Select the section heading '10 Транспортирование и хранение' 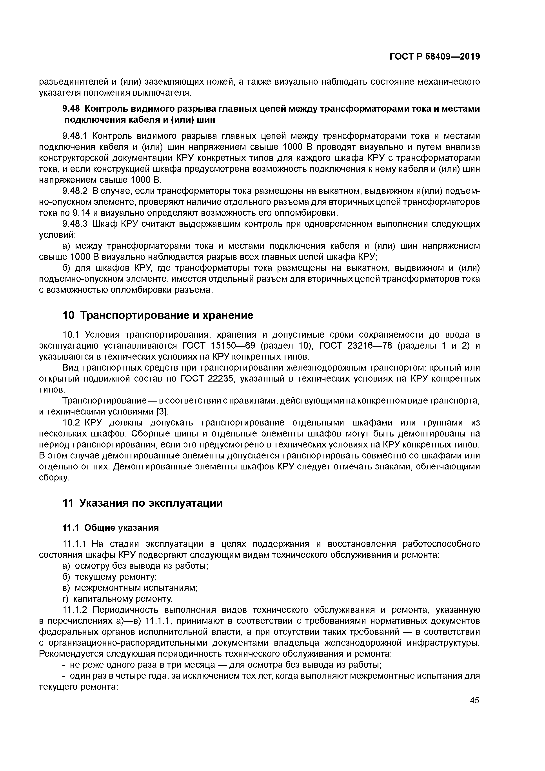[158, 315]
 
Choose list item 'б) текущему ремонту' [110, 577]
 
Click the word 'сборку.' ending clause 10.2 [54, 478]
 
